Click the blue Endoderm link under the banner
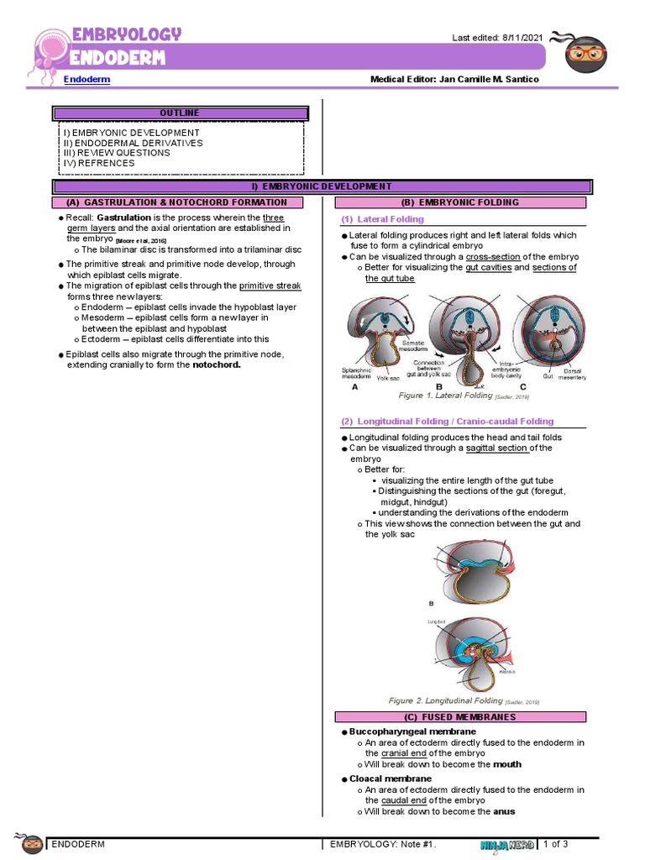87,79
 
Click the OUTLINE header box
179,113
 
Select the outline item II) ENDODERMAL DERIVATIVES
133,143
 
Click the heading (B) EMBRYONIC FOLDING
460,202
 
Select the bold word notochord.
217,365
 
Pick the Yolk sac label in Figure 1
387,378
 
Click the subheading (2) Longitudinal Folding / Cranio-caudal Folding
447,422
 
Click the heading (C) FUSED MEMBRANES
459,716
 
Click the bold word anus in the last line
504,811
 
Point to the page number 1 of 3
556,843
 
